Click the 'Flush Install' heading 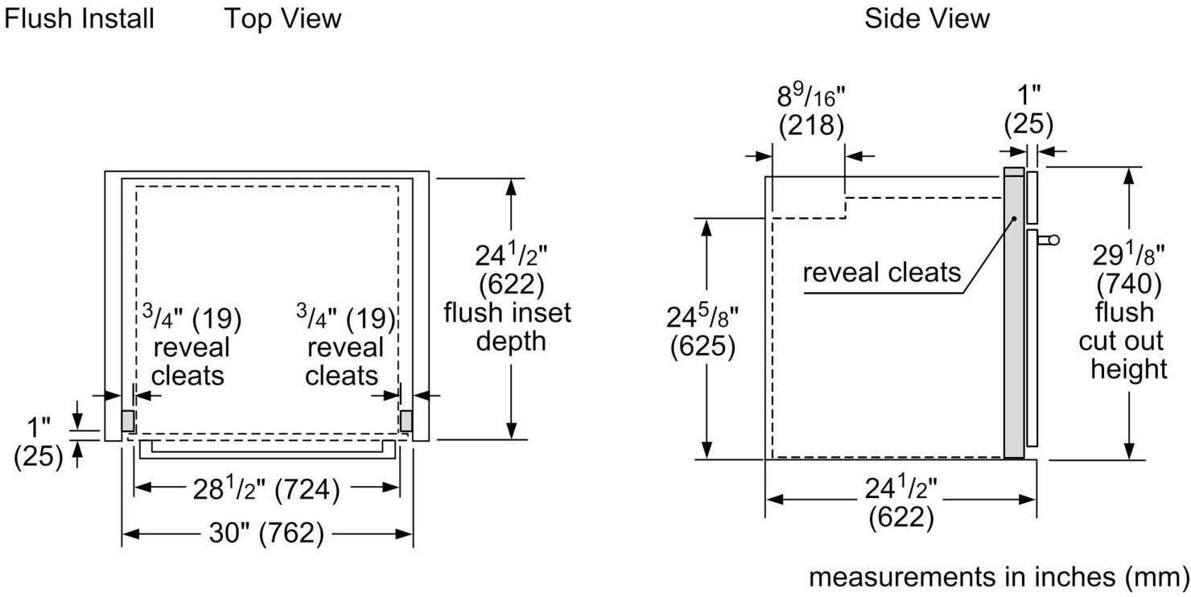pyautogui.click(x=79, y=19)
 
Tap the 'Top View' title pyautogui.click(x=283, y=19)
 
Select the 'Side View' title pyautogui.click(x=927, y=19)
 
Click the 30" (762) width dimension pyautogui.click(x=266, y=533)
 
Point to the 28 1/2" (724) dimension pyautogui.click(x=266, y=488)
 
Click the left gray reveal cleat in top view pyautogui.click(x=128, y=421)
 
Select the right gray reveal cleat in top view pyautogui.click(x=406, y=421)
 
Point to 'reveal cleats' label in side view pyautogui.click(x=881, y=273)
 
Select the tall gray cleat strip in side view pyautogui.click(x=1014, y=313)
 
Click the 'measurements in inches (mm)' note pyautogui.click(x=999, y=578)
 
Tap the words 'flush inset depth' pyautogui.click(x=508, y=327)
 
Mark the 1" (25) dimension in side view pyautogui.click(x=1028, y=110)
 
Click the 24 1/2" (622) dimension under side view pyautogui.click(x=901, y=503)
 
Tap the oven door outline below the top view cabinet pyautogui.click(x=267, y=449)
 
